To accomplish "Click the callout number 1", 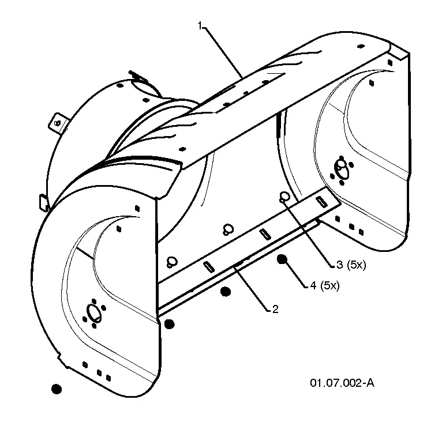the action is pos(200,26).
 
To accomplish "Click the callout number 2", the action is pos(275,310).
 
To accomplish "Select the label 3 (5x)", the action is pos(351,265).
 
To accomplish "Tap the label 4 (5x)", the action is pos(325,285).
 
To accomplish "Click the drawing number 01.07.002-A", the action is pos(342,383).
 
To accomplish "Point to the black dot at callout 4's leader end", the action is pos(282,259).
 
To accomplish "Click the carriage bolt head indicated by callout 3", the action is pos(284,197).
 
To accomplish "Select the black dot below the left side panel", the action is pos(57,389).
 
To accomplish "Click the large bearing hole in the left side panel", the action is pos(94,313).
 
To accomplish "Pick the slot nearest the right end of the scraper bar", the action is pos(321,202).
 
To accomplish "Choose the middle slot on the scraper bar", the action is pos(265,234).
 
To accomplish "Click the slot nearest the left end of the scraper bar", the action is pos(209,266).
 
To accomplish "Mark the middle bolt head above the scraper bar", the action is pos(228,229).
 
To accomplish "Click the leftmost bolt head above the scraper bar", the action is pos(171,262).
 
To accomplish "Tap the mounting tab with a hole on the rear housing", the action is pos(58,123).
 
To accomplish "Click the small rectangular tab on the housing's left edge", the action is pos(44,202).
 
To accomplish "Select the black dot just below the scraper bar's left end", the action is pos(170,324).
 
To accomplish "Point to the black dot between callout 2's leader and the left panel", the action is pos(225,292).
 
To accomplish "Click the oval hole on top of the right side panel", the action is pos(361,46).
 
